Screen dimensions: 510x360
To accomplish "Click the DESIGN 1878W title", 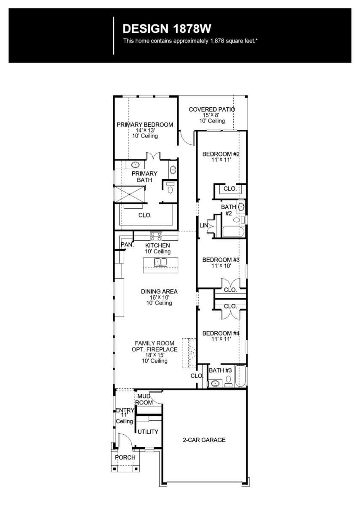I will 167,29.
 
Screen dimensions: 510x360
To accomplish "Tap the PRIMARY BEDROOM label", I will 144,125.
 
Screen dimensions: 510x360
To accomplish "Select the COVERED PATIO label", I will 212,109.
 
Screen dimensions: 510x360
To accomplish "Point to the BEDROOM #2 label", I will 221,154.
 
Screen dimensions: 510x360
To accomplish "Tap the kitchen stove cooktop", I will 156,236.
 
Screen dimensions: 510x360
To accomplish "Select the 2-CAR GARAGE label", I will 204,440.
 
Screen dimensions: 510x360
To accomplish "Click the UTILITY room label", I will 148,432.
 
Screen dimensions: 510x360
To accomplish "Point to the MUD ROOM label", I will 144,399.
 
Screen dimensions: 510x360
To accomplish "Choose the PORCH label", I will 125,457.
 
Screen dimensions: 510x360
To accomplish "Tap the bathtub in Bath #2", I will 233,232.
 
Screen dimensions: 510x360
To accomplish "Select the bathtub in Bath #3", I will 240,377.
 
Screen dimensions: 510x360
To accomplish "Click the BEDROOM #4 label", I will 221,333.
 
